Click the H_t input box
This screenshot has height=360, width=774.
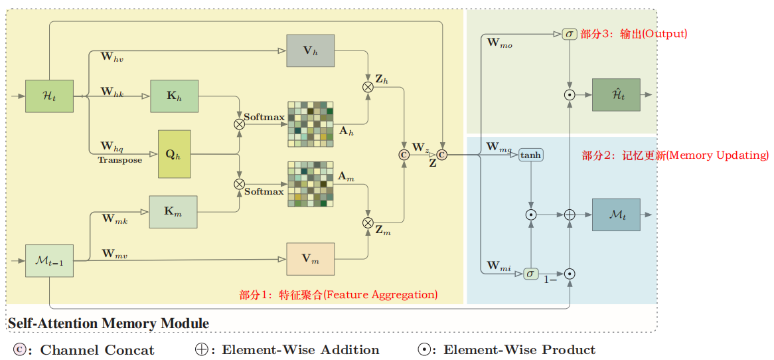coord(49,96)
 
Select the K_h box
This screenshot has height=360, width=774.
coord(175,96)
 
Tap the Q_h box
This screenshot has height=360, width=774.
coord(174,154)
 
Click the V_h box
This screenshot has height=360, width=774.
coord(310,50)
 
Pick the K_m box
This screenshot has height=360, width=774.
coord(173,212)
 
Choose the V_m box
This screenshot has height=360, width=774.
coord(310,259)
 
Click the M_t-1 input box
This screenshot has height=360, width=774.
coord(49,260)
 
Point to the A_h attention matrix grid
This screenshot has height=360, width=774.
coord(310,124)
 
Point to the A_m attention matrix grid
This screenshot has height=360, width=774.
coord(310,184)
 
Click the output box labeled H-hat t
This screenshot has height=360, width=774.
coord(616,95)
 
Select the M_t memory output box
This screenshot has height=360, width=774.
coord(616,215)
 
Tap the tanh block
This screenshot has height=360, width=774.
coord(530,155)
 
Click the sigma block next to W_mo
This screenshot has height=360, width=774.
coord(569,34)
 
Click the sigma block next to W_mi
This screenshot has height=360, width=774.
coord(530,273)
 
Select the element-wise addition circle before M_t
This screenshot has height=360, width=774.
coord(569,215)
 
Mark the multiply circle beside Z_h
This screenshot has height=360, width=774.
coord(368,86)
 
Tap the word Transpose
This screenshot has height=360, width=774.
coord(119,160)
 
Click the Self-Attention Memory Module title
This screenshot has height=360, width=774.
coord(108,324)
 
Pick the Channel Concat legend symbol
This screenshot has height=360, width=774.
coord(19,350)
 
